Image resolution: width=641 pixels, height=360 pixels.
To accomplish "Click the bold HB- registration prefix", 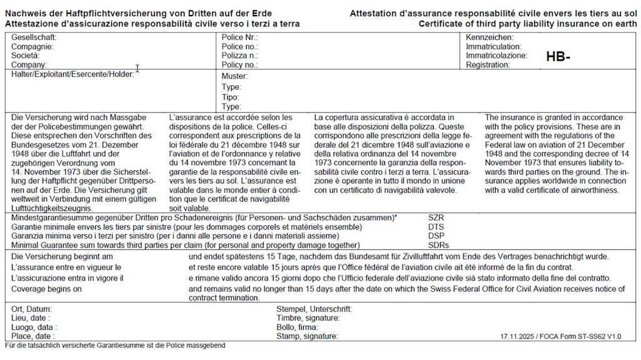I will [558, 57].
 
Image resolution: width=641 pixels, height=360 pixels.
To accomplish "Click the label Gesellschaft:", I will [34, 38].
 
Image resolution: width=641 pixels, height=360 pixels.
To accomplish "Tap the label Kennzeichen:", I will [490, 38].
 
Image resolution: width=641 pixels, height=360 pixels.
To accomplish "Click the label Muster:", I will [235, 76].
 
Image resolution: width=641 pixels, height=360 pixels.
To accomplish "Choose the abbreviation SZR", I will [436, 217].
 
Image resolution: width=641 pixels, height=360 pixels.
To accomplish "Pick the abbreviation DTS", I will [436, 227].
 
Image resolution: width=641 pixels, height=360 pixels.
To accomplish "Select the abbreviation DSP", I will [436, 235].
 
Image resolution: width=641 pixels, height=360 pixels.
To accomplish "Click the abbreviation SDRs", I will [438, 245].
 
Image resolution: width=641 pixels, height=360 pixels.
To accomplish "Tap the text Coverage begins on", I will [47, 289].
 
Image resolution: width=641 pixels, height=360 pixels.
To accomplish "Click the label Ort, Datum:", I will [32, 309].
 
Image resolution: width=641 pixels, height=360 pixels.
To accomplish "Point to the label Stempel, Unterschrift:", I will [314, 309].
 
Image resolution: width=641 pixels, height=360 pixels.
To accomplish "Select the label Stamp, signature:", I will [307, 336].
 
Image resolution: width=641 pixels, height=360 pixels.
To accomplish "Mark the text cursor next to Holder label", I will [137, 69].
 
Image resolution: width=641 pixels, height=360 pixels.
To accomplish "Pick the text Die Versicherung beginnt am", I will [62, 257].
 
